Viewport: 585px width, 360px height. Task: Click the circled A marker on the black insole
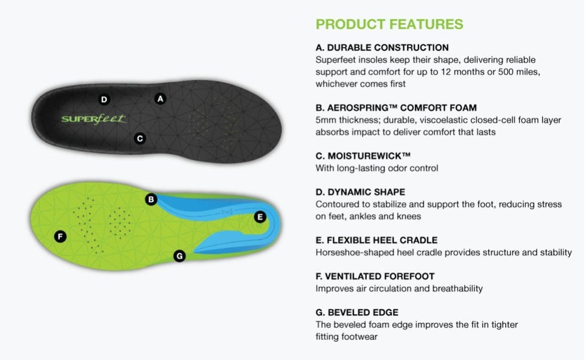(x=160, y=99)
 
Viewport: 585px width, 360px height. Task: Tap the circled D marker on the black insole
(x=104, y=100)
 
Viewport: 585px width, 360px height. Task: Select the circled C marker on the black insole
(x=140, y=139)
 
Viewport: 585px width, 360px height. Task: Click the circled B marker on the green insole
(x=151, y=199)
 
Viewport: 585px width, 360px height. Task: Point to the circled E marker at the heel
(x=260, y=217)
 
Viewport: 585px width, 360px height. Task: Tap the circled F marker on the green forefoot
(x=60, y=236)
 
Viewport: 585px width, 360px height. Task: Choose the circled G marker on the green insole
(x=179, y=256)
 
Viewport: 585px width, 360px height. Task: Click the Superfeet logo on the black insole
(x=94, y=119)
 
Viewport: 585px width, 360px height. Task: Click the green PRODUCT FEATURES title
(x=389, y=24)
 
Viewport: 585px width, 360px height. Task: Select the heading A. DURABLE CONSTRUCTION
(x=382, y=48)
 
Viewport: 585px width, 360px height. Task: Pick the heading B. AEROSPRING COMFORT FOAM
(x=396, y=108)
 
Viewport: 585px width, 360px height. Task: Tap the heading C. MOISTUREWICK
(x=363, y=156)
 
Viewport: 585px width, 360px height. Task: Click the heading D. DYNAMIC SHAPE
(x=360, y=192)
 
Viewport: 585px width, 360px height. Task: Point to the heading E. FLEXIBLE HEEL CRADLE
(x=377, y=240)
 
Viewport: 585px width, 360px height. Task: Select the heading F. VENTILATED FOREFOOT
(x=375, y=277)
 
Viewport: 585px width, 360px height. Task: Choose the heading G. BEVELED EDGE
(x=357, y=312)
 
